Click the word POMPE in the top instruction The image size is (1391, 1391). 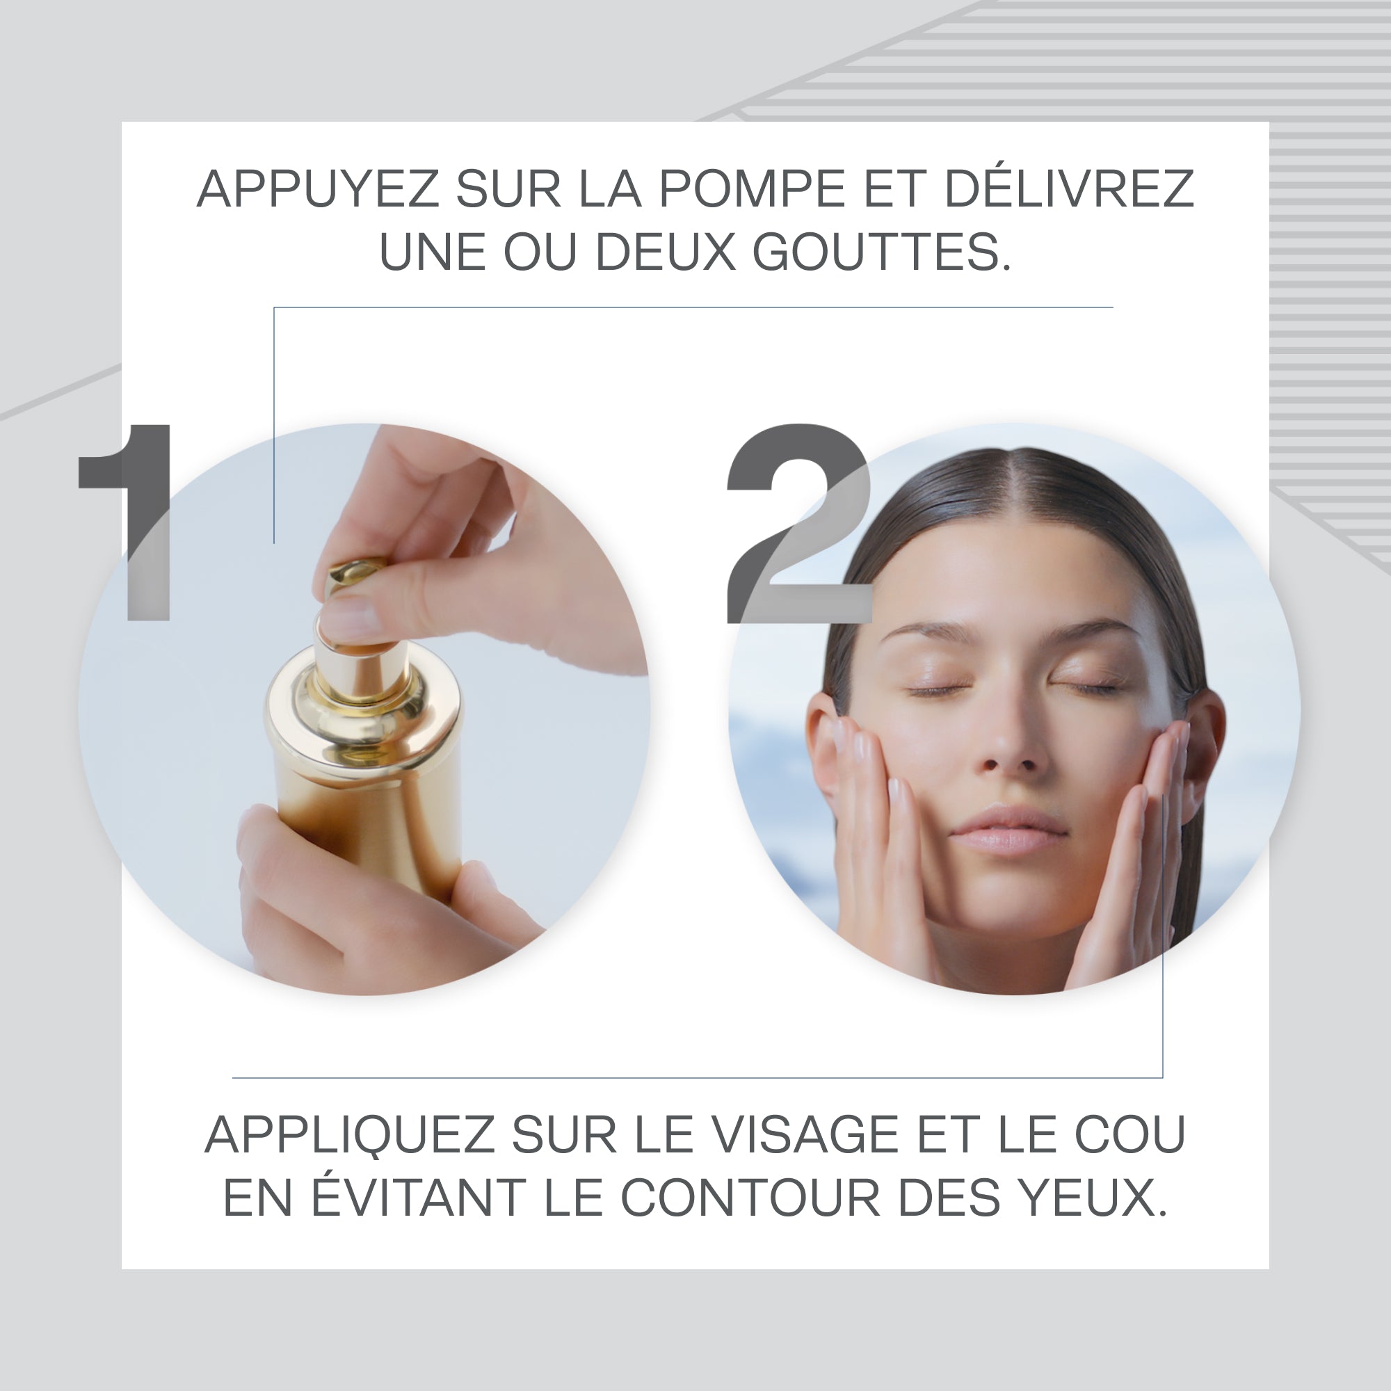coord(752,189)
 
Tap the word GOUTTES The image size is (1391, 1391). coord(881,252)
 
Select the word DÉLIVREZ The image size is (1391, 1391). coord(1068,189)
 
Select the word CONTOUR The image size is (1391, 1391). coord(750,1198)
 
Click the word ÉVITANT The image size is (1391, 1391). coord(418,1198)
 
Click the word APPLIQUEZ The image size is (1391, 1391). coord(348,1136)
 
